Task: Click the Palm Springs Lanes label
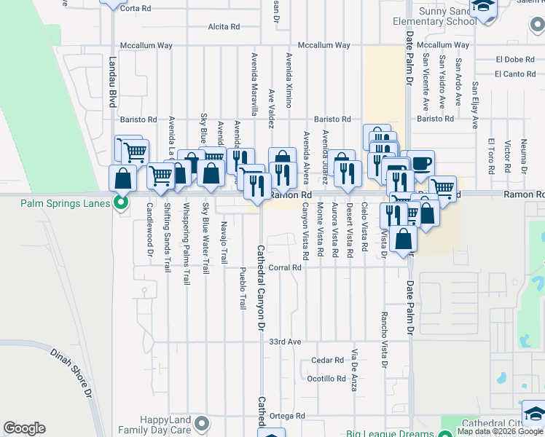(x=63, y=202)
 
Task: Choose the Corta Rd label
(x=135, y=8)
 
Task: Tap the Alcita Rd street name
(x=224, y=27)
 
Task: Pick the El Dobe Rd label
(x=515, y=59)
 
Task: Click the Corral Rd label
(x=285, y=267)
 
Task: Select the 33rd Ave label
(x=285, y=342)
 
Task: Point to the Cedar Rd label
(x=327, y=360)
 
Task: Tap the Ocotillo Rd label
(x=326, y=379)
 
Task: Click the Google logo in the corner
(x=25, y=428)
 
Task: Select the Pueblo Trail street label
(x=243, y=287)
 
